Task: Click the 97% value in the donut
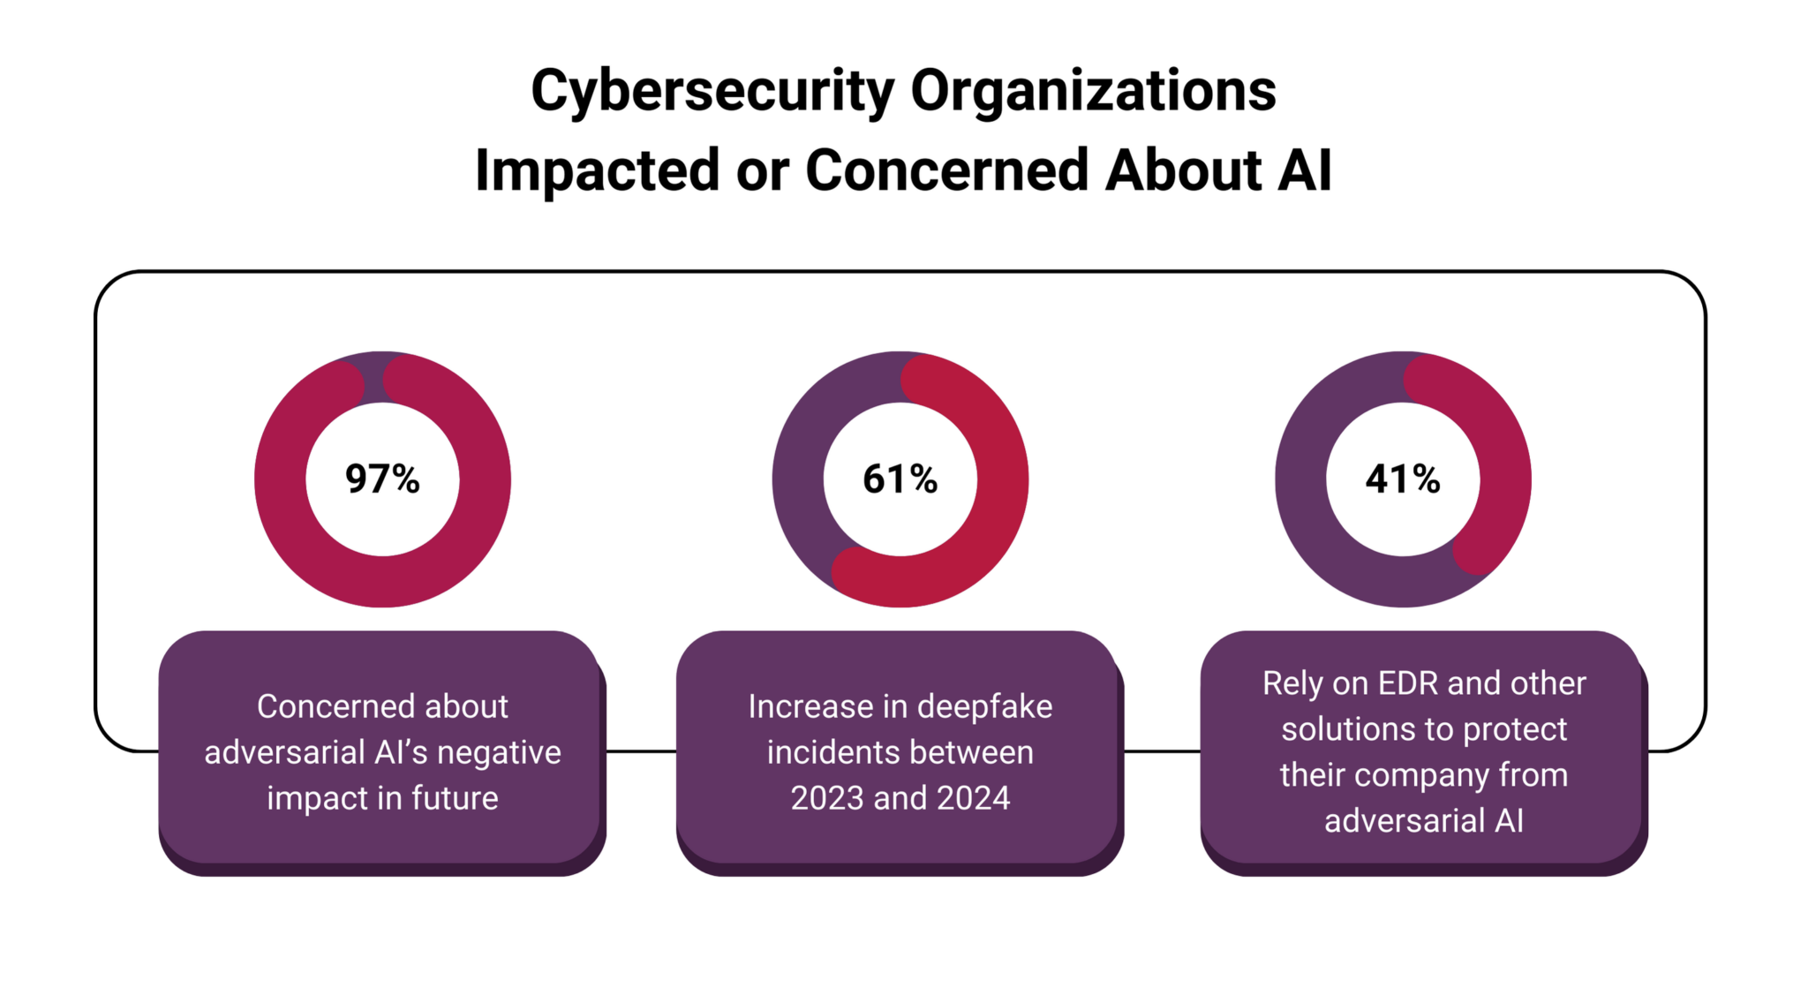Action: coord(382,479)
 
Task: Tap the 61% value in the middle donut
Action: coord(900,479)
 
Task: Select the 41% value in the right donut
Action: coord(1402,479)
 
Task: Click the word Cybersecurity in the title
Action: coord(712,91)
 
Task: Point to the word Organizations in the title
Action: coord(1093,91)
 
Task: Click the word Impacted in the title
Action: coord(597,170)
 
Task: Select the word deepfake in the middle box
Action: coord(984,706)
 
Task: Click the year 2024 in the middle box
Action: coord(973,798)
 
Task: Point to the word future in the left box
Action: coord(455,798)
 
